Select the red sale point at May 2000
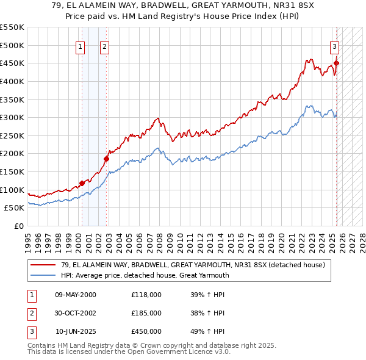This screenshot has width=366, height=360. coord(82,182)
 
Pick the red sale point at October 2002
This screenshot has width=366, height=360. coord(106,159)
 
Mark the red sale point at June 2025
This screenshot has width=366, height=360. coord(336,63)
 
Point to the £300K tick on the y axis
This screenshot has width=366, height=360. coord(12,117)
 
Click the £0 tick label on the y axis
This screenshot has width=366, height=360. coord(19,226)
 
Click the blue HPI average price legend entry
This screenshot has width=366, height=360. coord(145,275)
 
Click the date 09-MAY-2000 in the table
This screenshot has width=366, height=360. coord(76,295)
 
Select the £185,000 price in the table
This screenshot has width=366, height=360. coord(146,313)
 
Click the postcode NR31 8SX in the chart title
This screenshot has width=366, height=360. coord(292,5)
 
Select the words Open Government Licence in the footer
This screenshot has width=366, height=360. coord(174,351)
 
